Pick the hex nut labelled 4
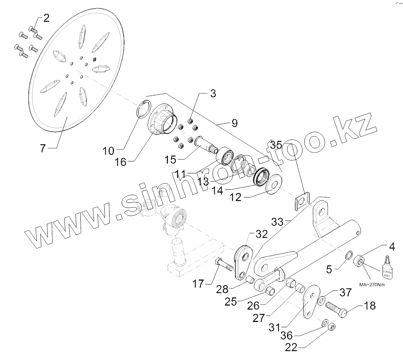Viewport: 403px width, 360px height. [x=359, y=260]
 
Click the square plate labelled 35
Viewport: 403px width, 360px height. [x=301, y=201]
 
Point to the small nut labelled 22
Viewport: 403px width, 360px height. [x=332, y=327]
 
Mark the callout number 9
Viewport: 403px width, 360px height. [x=234, y=123]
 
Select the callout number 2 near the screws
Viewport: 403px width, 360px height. [x=46, y=18]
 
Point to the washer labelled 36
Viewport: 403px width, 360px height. [x=324, y=322]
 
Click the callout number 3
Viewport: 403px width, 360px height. [x=213, y=94]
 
